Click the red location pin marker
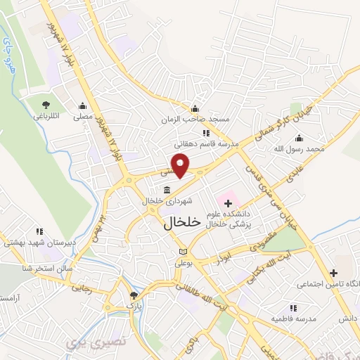pos(181,165)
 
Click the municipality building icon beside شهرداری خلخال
pos(167,190)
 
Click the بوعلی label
pos(184,262)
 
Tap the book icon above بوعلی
pos(184,252)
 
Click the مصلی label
pos(83,117)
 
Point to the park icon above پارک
pos(134,295)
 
